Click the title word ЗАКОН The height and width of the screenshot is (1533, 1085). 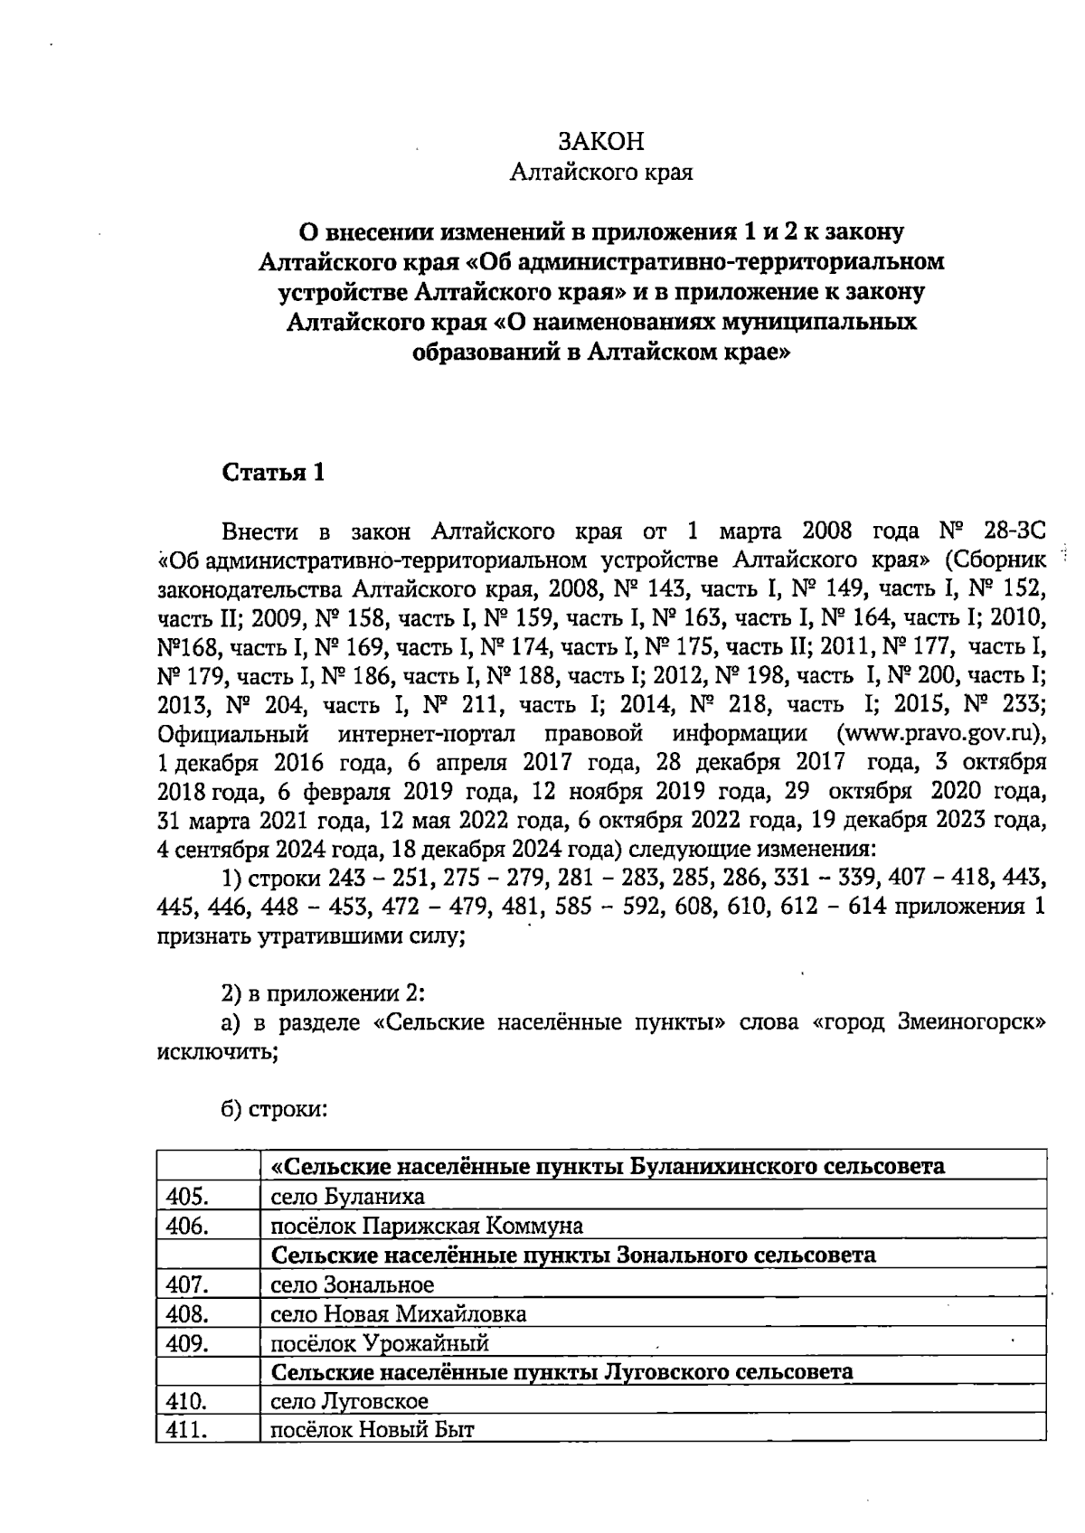click(x=601, y=142)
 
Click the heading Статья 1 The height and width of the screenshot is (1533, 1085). click(x=273, y=473)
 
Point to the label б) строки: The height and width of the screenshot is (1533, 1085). click(x=273, y=1110)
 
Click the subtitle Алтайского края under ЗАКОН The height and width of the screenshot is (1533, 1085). click(x=601, y=172)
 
